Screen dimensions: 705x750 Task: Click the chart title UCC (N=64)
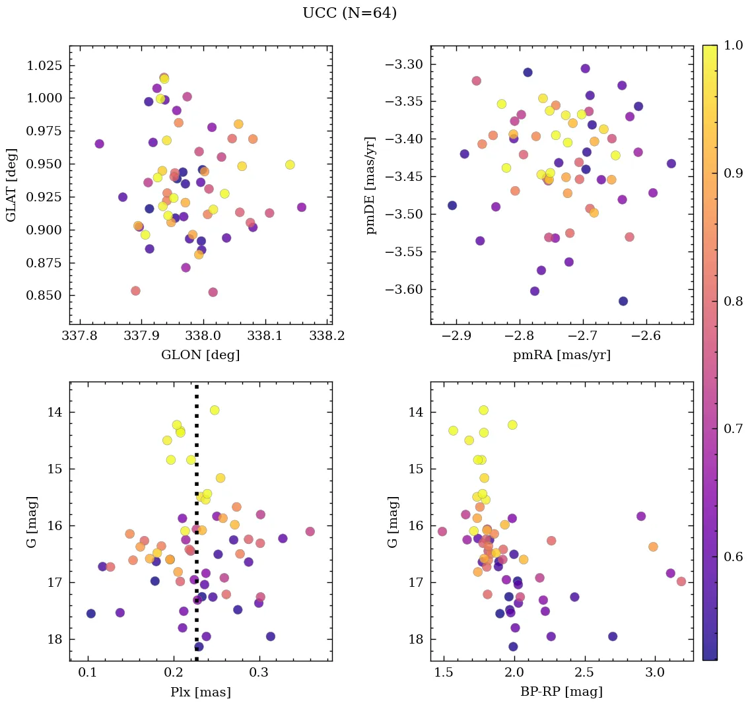(349, 13)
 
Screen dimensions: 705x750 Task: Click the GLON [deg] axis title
(200, 355)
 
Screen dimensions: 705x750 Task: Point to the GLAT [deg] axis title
(11, 185)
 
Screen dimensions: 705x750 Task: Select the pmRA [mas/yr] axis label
(561, 355)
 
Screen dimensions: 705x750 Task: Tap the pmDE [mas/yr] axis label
(372, 185)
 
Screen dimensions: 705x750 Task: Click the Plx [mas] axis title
(200, 692)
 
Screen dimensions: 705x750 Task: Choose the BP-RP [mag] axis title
(561, 692)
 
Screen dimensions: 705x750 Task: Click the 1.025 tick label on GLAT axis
(45, 65)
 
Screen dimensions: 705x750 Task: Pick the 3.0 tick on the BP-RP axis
(655, 673)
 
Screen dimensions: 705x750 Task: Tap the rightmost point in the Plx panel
(310, 531)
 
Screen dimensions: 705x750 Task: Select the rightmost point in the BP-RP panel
(681, 582)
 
